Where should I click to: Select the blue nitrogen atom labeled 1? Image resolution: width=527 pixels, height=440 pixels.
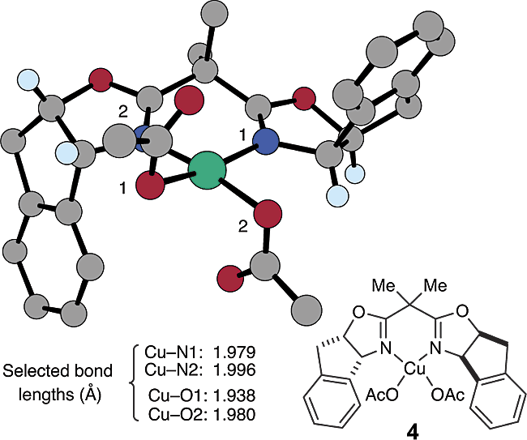point(266,143)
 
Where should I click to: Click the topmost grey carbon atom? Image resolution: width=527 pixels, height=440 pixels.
point(214,13)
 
